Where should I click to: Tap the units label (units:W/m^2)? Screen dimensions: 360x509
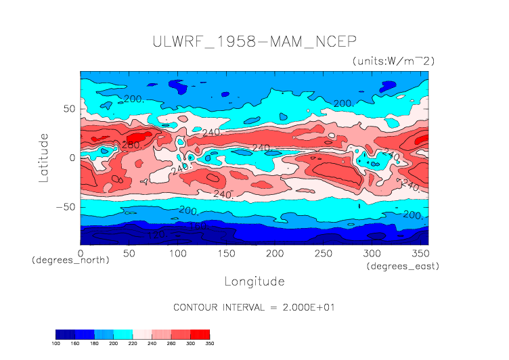coord(393,61)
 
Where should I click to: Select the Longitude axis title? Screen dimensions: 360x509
coord(254,281)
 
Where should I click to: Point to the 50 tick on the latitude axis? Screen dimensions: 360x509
coord(68,108)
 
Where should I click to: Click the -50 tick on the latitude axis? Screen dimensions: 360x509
coord(66,206)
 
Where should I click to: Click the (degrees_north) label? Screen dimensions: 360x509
coord(70,260)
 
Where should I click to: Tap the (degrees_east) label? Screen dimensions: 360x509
coord(403,267)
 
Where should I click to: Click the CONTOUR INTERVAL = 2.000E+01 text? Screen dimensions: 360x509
coord(254,307)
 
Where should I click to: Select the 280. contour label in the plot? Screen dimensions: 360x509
coord(131,145)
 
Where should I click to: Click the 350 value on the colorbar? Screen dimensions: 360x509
coord(209,343)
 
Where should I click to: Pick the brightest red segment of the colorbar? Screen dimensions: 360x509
coord(200,334)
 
